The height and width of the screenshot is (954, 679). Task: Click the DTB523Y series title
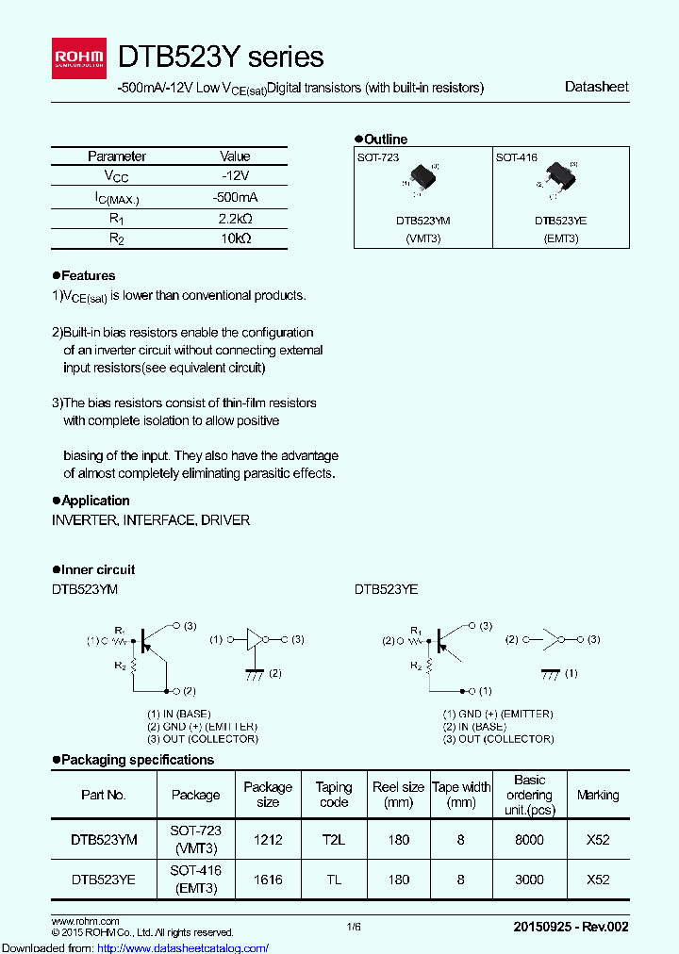pyautogui.click(x=221, y=57)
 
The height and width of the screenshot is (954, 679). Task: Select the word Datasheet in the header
pyautogui.click(x=596, y=87)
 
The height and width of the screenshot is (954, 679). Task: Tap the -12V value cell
pyautogui.click(x=235, y=176)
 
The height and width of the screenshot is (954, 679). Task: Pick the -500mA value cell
pyautogui.click(x=235, y=197)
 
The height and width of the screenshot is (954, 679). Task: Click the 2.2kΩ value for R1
pyautogui.click(x=235, y=218)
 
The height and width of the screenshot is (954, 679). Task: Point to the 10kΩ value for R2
pyautogui.click(x=235, y=238)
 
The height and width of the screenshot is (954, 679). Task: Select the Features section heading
pyautogui.click(x=88, y=275)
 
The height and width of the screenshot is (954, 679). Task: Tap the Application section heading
pyautogui.click(x=95, y=501)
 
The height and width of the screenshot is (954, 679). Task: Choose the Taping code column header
pyautogui.click(x=334, y=795)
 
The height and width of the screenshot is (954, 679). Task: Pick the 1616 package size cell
pyautogui.click(x=268, y=880)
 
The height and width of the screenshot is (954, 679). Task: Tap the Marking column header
pyautogui.click(x=598, y=795)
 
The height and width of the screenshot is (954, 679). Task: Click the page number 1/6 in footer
pyautogui.click(x=353, y=928)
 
